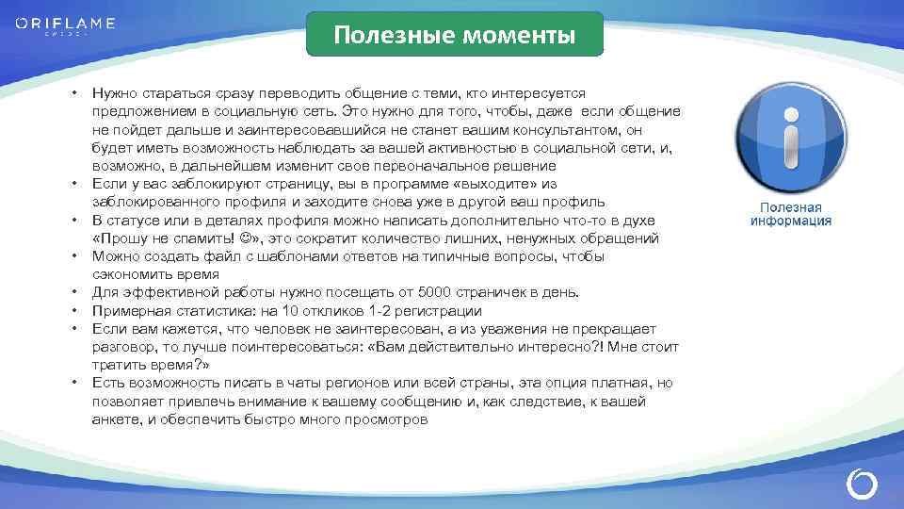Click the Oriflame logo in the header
[65, 25]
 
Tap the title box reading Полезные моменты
[455, 36]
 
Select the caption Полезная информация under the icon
[790, 214]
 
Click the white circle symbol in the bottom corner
[862, 484]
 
